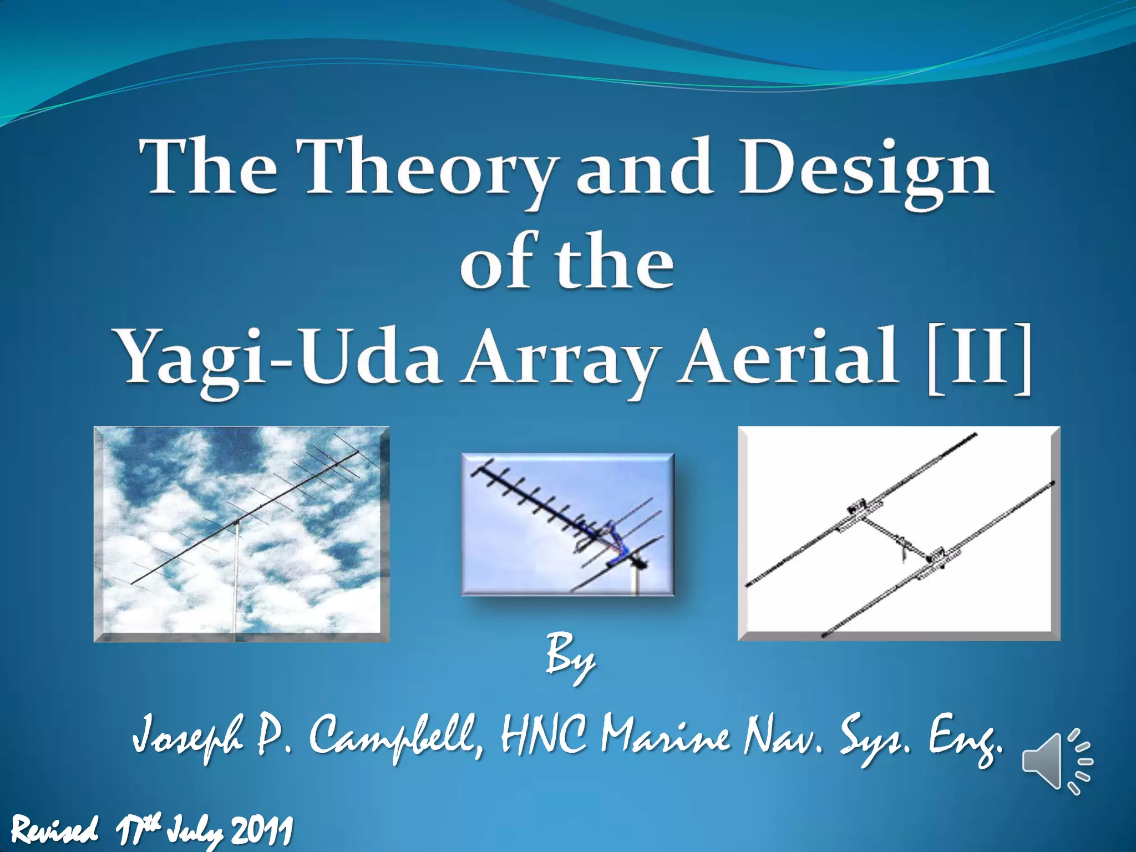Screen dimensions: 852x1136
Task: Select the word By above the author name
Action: (570, 660)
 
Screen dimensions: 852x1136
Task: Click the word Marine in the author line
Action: (666, 738)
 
